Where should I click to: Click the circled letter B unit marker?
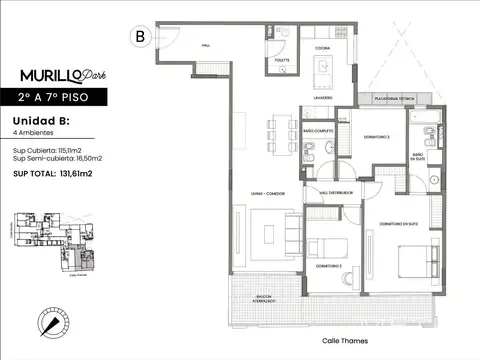[139, 36]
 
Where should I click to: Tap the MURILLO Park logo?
[63, 75]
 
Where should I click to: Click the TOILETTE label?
[277, 59]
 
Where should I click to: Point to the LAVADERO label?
[319, 99]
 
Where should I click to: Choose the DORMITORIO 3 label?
[377, 136]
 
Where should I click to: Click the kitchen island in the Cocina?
[323, 70]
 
